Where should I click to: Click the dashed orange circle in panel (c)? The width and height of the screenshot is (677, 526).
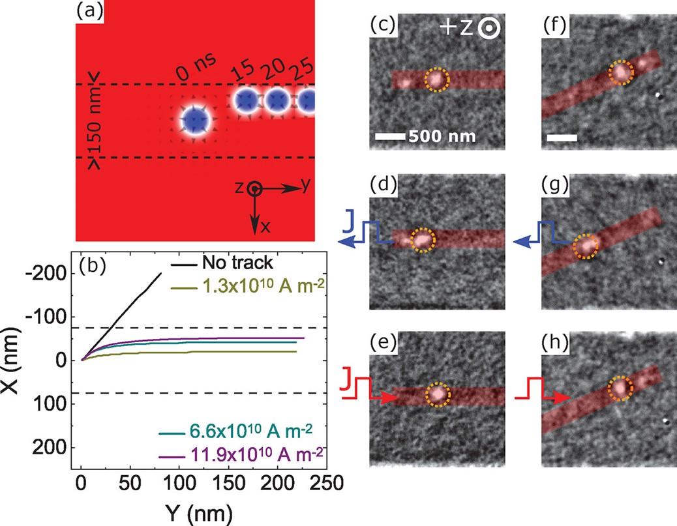[436, 80]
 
